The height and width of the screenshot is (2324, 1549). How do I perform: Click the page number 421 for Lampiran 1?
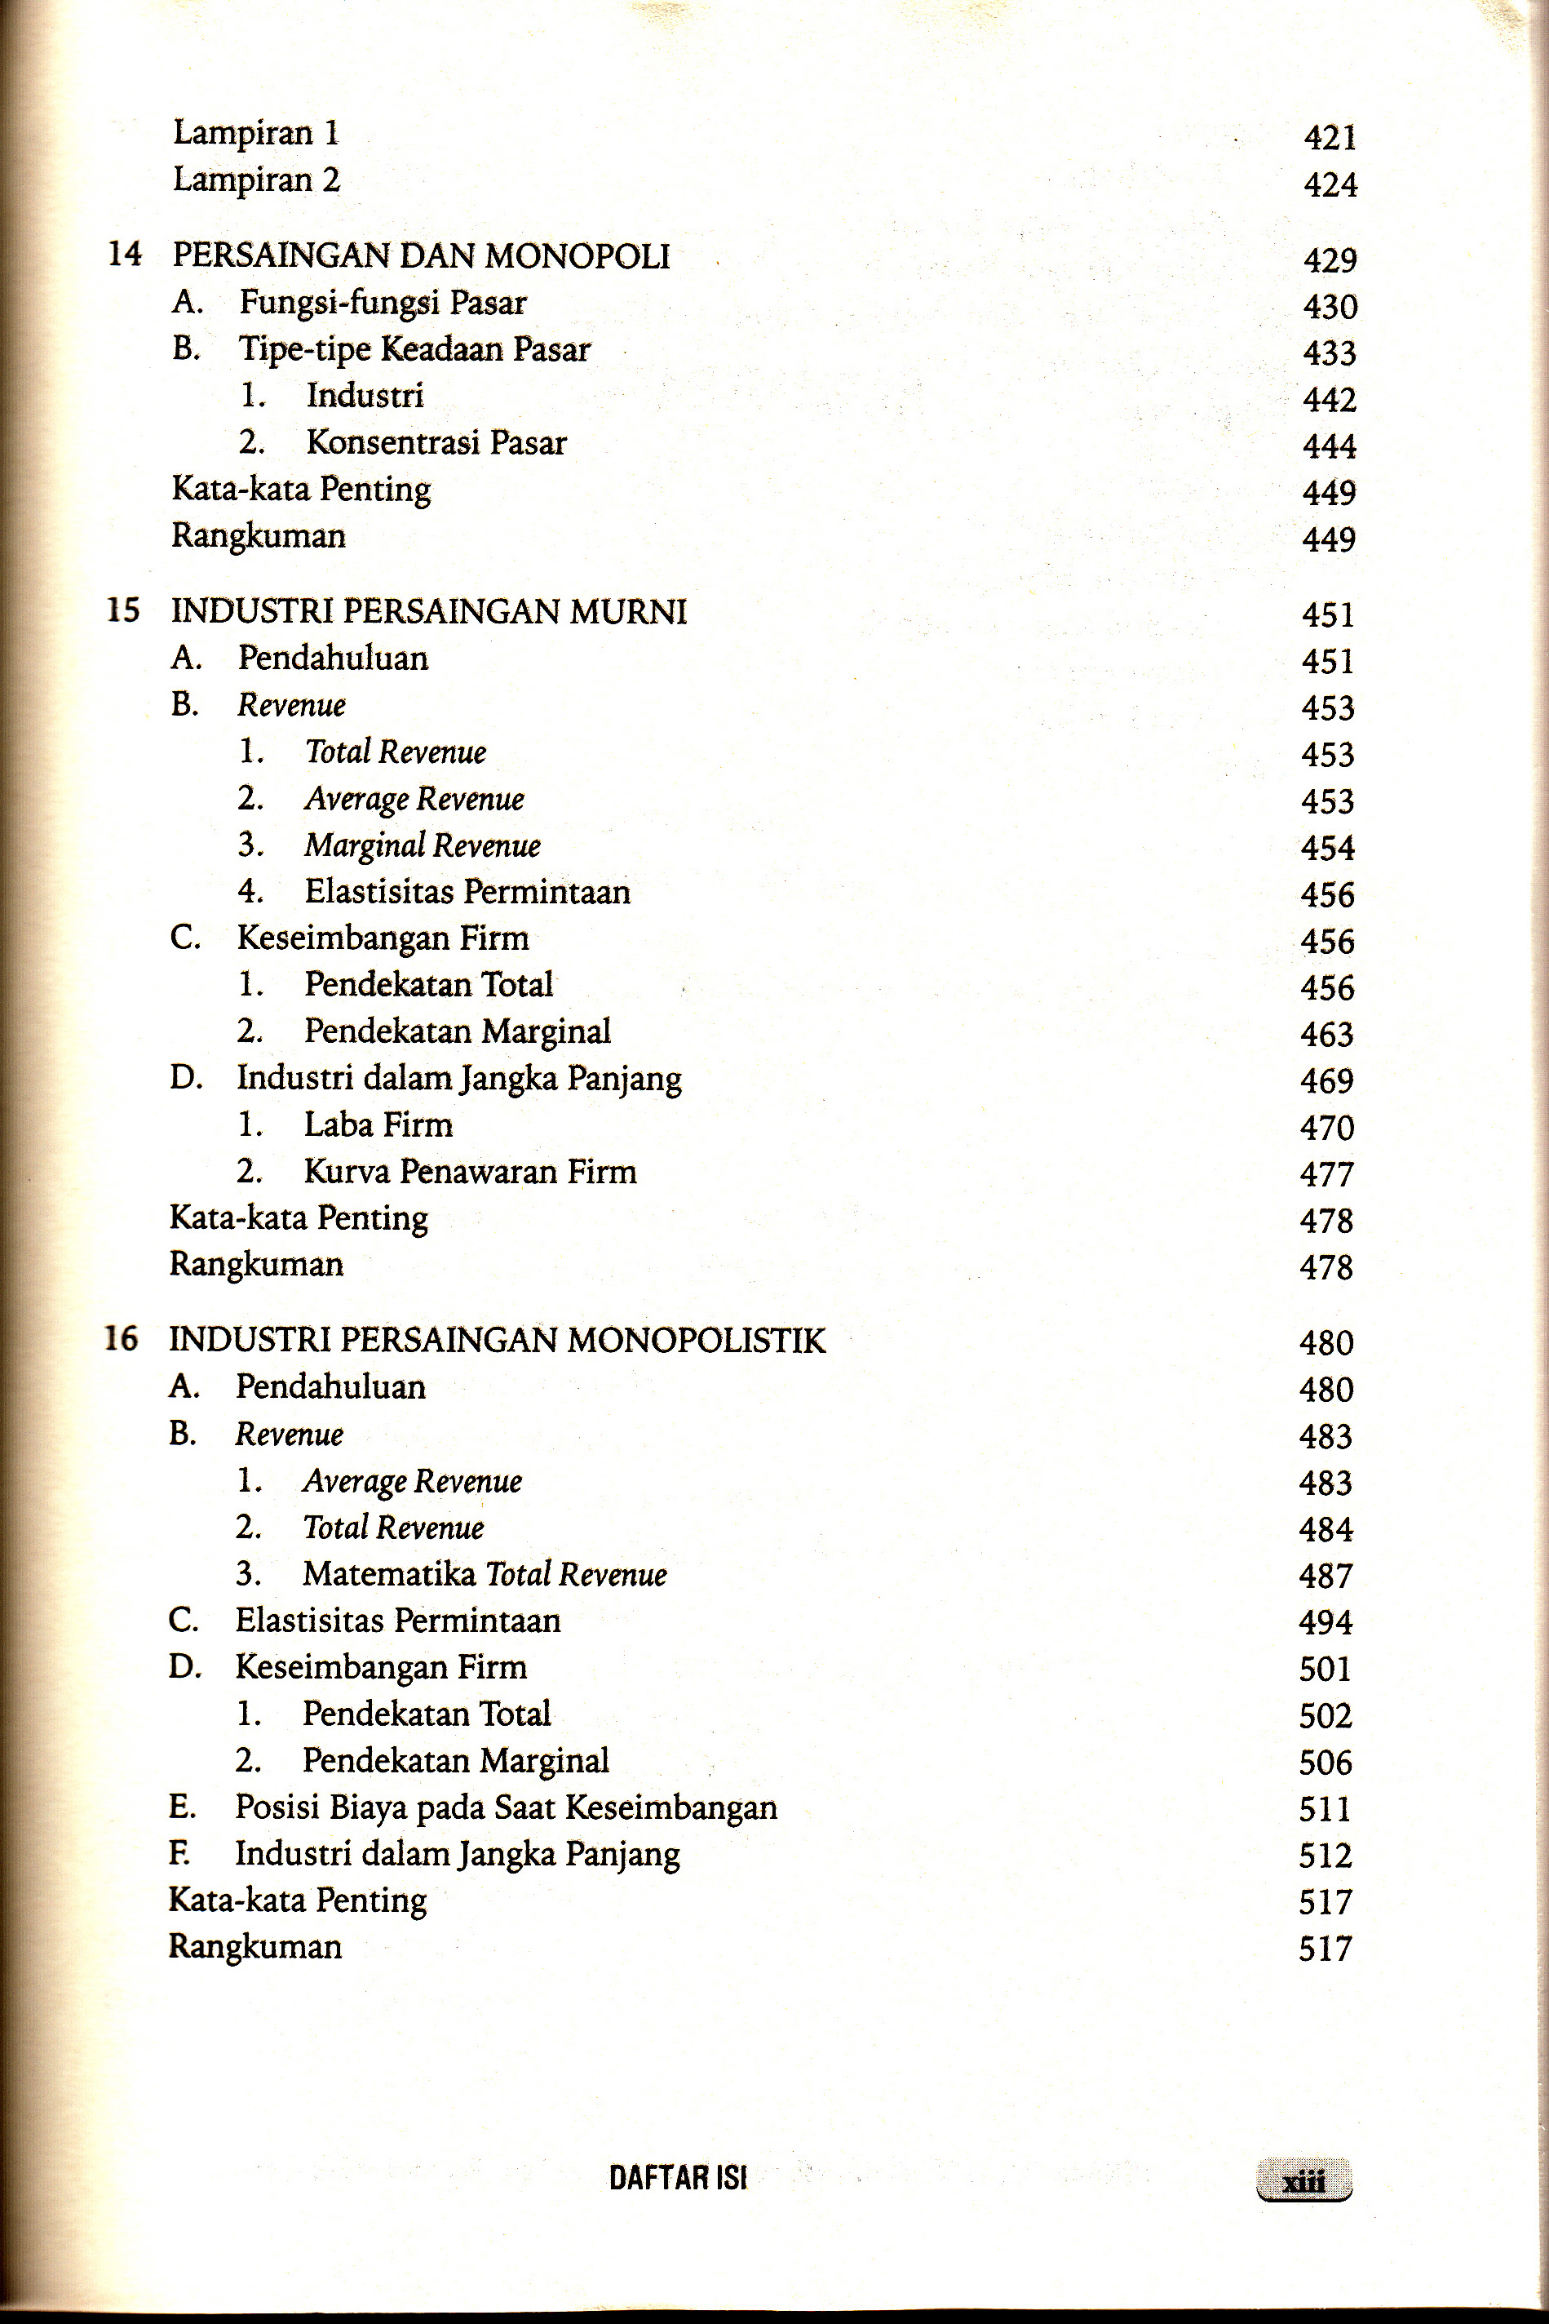[x=1330, y=137]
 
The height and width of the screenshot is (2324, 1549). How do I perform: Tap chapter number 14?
[x=125, y=254]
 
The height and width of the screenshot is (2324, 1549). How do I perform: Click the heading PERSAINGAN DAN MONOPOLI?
[x=421, y=256]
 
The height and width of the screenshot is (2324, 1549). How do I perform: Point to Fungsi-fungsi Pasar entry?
[x=383, y=303]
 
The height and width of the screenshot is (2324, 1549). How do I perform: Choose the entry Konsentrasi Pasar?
[x=436, y=441]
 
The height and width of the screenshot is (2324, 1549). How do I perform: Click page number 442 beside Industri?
[x=1329, y=399]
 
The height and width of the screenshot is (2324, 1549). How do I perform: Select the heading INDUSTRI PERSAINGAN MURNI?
[x=429, y=612]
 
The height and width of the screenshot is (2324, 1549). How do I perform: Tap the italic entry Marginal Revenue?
[x=422, y=846]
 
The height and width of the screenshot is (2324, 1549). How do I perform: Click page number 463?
[x=1327, y=1035]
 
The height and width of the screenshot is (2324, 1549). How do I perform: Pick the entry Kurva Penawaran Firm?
[x=469, y=1172]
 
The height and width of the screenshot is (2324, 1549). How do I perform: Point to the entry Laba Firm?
[x=378, y=1125]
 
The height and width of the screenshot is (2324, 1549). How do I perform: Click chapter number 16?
[x=122, y=1339]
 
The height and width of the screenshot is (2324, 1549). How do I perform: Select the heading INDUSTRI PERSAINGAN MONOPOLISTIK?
[x=497, y=1341]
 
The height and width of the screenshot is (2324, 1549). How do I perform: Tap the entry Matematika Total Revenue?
[x=484, y=1574]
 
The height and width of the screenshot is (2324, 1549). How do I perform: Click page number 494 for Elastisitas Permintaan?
[x=1326, y=1622]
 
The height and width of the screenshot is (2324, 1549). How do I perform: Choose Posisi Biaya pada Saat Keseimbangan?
[x=506, y=1807]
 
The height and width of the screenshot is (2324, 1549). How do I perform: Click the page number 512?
[x=1325, y=1855]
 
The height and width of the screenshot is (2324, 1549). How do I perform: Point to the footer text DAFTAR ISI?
[x=678, y=2178]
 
